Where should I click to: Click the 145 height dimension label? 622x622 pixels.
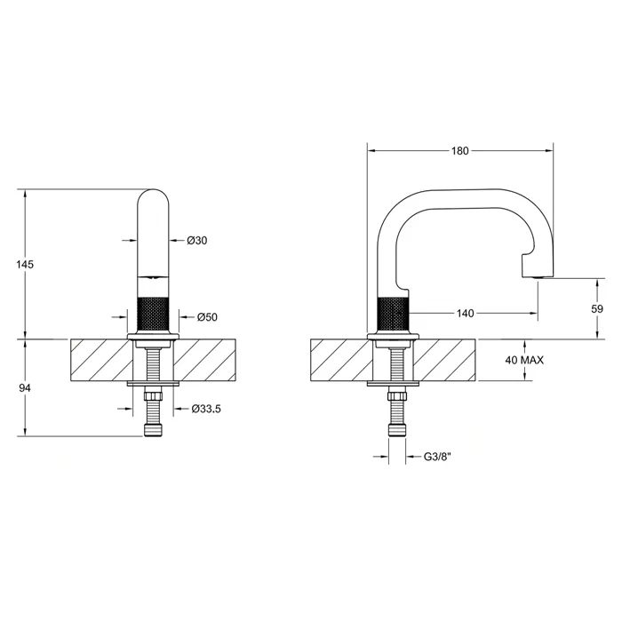(x=25, y=264)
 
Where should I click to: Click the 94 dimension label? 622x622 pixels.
(x=25, y=388)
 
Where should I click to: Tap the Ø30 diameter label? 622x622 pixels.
(x=197, y=241)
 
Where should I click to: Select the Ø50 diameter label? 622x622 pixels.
(x=207, y=317)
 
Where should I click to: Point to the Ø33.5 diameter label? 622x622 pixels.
(x=206, y=409)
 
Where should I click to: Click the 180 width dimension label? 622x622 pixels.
(x=459, y=151)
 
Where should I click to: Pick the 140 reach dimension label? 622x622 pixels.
(x=465, y=314)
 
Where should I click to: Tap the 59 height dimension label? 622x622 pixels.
(x=597, y=308)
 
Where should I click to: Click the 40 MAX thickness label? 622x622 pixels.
(x=524, y=360)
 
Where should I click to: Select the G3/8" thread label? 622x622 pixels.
(x=437, y=457)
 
